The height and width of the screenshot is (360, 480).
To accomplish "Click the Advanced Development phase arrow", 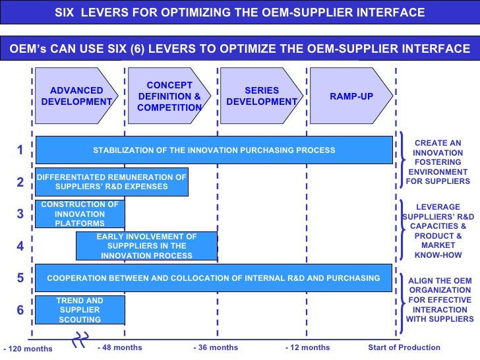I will [x=76, y=96].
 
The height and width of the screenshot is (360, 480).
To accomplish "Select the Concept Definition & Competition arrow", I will [x=169, y=96].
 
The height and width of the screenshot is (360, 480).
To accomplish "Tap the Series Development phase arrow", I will [x=261, y=96].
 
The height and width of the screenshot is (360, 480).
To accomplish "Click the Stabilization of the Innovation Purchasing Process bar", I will [x=214, y=150].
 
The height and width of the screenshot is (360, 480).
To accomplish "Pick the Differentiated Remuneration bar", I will [x=111, y=182].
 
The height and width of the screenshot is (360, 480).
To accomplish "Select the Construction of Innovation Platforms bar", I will [x=79, y=214].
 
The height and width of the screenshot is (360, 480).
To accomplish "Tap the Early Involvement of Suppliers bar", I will [x=146, y=246].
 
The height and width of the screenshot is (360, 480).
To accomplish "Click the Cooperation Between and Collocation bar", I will [x=214, y=278].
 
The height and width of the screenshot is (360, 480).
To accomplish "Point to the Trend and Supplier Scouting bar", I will [x=79, y=310].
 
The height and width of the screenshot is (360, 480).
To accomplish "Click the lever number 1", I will [x=20, y=150].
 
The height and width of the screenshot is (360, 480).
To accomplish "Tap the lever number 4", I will [x=20, y=247].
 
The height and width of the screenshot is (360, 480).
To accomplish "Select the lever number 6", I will [x=20, y=309].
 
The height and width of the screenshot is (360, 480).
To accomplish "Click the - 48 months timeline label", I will [x=119, y=347].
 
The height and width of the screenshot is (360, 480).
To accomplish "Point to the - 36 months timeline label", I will [x=216, y=347].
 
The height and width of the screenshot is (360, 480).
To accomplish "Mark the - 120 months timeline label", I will [x=28, y=349].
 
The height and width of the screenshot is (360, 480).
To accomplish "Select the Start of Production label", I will [x=404, y=347].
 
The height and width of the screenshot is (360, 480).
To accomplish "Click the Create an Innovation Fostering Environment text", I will [x=438, y=162].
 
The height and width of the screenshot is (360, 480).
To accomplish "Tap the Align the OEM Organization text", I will [x=440, y=300].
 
